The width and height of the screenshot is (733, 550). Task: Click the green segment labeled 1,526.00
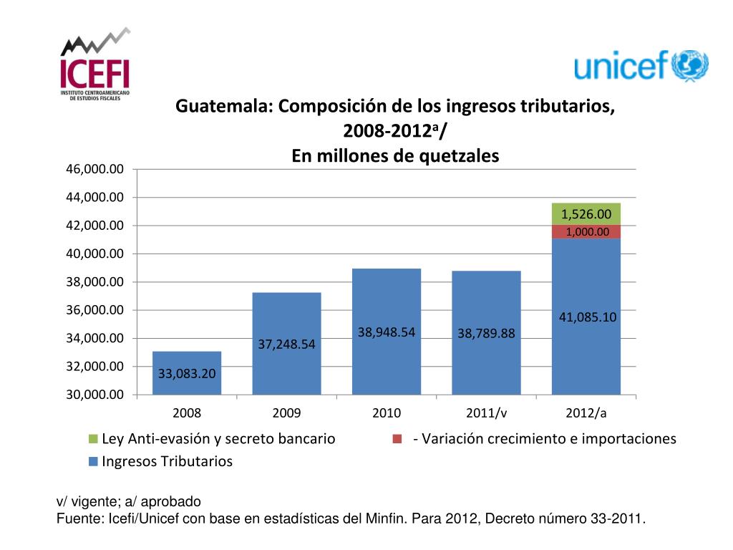(x=586, y=213)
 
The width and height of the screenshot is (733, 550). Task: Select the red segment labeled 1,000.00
(x=586, y=232)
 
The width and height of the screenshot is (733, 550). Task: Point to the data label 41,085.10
(x=586, y=317)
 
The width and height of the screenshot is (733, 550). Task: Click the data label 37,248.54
(x=286, y=345)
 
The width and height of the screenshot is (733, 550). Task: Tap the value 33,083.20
(x=187, y=372)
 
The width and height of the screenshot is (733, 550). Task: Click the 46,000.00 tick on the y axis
(x=95, y=169)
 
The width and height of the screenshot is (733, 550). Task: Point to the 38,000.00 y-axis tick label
(x=95, y=281)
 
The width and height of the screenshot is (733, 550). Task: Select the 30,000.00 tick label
(x=95, y=395)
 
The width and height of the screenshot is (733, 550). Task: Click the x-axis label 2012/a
(x=586, y=413)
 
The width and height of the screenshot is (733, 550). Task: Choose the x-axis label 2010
(x=387, y=413)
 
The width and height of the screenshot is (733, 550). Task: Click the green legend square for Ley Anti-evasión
(x=93, y=438)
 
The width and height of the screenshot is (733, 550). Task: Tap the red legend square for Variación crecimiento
(x=397, y=438)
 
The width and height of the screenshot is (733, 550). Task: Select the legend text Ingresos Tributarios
(x=168, y=461)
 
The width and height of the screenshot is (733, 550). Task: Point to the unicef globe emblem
(x=690, y=66)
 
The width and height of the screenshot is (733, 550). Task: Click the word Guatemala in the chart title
(x=223, y=107)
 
